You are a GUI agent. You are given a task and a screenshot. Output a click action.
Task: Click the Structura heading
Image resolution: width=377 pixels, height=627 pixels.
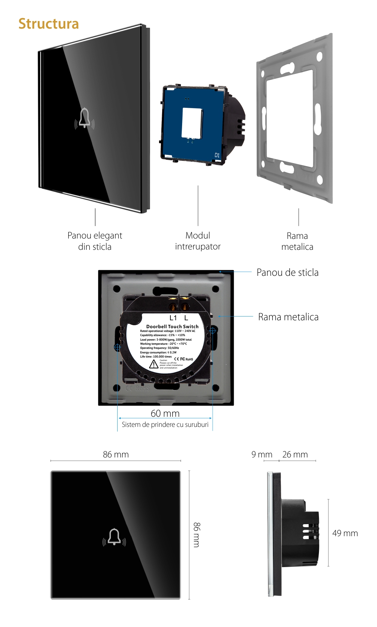49,24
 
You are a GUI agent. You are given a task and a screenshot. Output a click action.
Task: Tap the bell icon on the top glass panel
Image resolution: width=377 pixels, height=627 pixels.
84,119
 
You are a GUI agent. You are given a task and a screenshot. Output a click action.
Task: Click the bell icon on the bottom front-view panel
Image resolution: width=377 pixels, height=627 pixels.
114,537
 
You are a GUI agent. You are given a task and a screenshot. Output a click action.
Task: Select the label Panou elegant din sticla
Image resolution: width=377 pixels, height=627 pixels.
95,241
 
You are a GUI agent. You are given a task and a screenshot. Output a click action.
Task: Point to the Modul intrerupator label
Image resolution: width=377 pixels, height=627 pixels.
198,241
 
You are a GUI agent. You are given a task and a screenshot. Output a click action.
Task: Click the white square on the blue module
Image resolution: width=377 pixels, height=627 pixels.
192,123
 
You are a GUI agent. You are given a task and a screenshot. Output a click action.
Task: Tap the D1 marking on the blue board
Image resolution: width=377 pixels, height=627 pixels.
217,155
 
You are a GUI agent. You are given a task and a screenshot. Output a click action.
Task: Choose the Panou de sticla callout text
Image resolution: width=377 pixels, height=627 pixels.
287,272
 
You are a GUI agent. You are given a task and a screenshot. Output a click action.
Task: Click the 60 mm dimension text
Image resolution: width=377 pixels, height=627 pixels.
165,413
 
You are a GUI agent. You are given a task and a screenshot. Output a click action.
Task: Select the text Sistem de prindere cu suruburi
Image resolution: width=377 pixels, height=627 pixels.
165,425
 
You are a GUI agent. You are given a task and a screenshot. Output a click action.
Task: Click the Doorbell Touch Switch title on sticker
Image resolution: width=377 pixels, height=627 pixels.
172,327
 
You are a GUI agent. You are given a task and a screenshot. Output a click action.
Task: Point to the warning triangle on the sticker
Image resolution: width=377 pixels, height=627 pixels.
154,364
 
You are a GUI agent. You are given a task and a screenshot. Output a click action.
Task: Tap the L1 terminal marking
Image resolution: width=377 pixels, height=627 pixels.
173,318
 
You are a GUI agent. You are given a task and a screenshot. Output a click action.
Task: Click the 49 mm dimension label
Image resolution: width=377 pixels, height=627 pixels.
345,533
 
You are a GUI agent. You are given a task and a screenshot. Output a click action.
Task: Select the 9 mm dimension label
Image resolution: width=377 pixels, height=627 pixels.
262,454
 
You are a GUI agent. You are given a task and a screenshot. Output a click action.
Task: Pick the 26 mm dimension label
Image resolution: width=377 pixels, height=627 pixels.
295,454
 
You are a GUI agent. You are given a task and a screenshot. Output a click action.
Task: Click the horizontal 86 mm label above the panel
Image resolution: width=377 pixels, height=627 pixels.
116,454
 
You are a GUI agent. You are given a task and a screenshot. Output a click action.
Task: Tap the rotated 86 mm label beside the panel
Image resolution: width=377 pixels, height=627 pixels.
197,535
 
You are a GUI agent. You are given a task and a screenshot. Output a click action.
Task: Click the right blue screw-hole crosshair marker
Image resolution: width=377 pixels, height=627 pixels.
213,330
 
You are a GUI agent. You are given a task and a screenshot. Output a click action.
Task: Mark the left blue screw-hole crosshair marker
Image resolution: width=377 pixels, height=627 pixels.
117,347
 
